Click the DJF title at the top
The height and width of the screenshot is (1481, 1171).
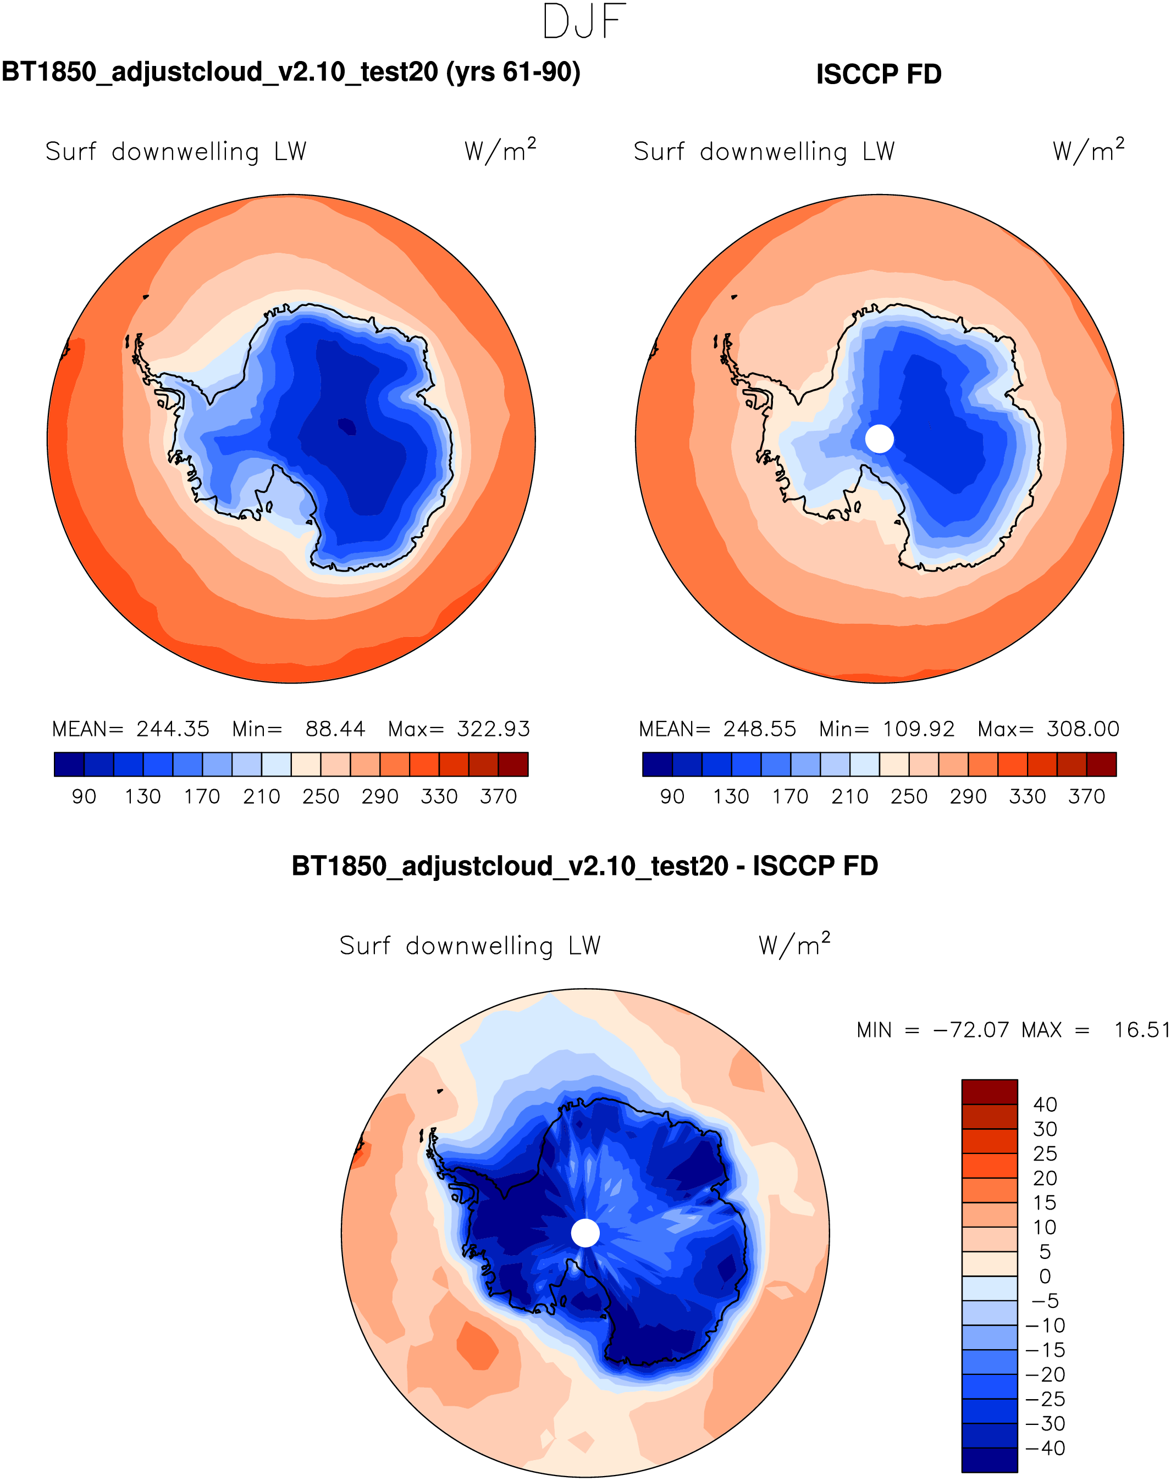(x=584, y=22)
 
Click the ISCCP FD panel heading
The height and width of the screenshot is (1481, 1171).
(x=879, y=74)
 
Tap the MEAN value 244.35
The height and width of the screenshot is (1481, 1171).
(x=173, y=729)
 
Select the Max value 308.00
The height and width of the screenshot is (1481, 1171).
(x=1082, y=729)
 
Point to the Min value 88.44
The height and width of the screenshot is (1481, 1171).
(x=335, y=729)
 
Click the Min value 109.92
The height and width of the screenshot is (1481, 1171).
(x=919, y=729)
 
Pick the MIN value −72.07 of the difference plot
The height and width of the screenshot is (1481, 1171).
(x=971, y=1030)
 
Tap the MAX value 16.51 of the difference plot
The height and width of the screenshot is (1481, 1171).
(x=1141, y=1030)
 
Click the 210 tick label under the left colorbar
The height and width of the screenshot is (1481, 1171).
(x=261, y=796)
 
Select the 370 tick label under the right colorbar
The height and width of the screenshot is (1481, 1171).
(x=1087, y=796)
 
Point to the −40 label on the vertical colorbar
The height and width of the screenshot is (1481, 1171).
(x=1046, y=1448)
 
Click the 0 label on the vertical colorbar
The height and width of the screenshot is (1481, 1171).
(x=1045, y=1276)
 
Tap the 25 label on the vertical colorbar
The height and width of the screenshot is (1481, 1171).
(x=1045, y=1153)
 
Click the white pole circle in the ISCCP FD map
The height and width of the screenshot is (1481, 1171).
(x=880, y=439)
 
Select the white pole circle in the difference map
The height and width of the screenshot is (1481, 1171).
(x=585, y=1233)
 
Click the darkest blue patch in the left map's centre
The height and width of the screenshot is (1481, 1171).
(x=347, y=427)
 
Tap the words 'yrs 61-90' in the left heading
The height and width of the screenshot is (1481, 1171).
(x=513, y=72)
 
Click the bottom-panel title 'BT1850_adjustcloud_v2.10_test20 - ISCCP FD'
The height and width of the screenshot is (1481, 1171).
(x=585, y=866)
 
